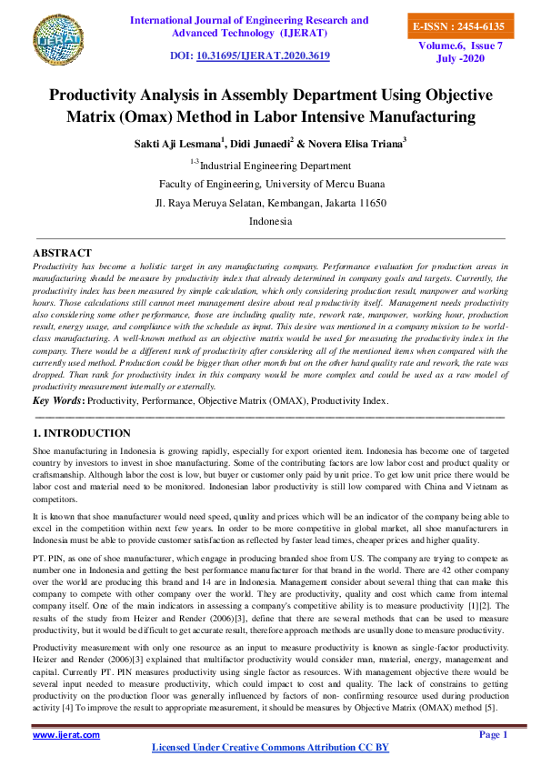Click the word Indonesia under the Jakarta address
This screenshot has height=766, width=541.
(x=270, y=221)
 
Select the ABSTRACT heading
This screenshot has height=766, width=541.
(x=62, y=252)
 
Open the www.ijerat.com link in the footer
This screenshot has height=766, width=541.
(x=66, y=734)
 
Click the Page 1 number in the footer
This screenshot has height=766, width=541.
(x=492, y=734)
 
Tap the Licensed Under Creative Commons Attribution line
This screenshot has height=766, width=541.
(x=269, y=747)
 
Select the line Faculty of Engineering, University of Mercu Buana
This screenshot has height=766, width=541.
(x=270, y=184)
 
